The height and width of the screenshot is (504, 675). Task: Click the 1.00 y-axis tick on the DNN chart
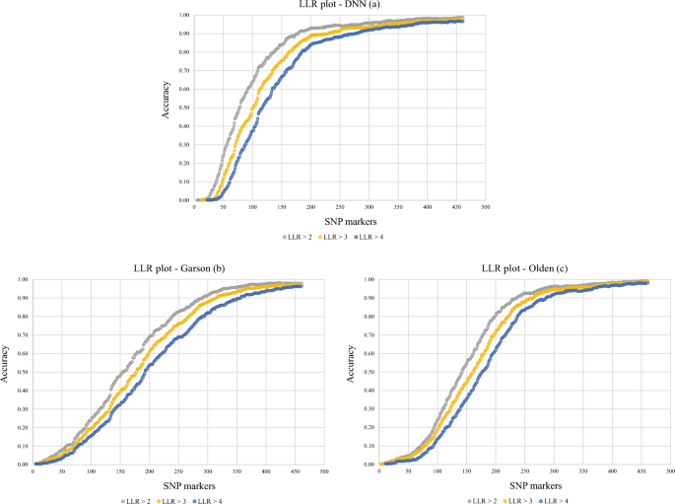coord(184,16)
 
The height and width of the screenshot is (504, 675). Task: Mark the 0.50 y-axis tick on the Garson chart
coord(23,372)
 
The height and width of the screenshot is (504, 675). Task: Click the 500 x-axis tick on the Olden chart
coord(670,471)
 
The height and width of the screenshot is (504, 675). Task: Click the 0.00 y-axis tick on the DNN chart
coord(184,200)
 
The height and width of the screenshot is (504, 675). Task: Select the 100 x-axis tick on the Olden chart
coord(438,471)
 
